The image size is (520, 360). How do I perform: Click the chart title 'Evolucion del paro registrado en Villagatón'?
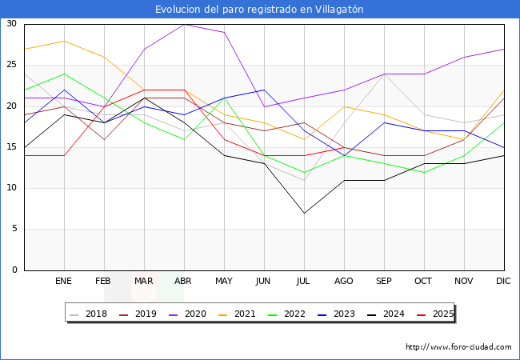tap(259, 9)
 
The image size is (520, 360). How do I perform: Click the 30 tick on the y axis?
tap(11, 24)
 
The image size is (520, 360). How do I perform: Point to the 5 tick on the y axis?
tap(14, 230)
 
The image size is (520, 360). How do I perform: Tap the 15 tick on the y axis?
tap(11, 147)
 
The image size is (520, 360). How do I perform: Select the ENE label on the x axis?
tap(64, 282)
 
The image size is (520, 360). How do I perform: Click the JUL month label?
tap(304, 282)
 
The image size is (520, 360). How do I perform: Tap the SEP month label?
tap(384, 282)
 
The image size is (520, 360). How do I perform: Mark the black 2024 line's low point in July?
tap(304, 213)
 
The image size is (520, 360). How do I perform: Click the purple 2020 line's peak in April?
tap(184, 24)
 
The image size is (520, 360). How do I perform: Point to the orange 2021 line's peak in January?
tap(64, 41)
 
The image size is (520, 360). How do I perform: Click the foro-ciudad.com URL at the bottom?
tap(458, 347)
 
